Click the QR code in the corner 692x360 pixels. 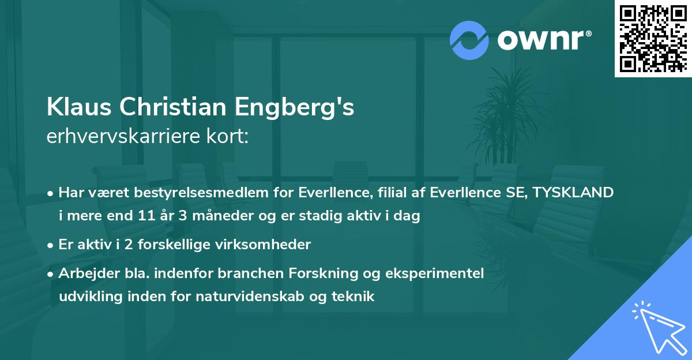coord(653,38)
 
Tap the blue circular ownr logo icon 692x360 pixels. coord(469,40)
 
